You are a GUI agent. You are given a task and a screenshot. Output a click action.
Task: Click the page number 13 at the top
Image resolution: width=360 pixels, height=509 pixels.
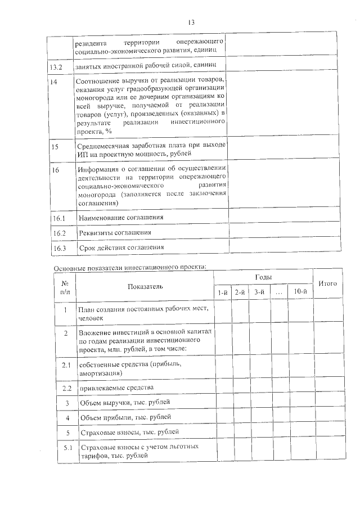pos(191,22)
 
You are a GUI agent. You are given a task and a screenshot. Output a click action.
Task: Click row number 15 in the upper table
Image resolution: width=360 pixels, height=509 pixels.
pos(55,147)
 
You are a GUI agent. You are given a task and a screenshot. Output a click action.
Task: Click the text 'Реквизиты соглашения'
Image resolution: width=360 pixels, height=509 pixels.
pos(115,232)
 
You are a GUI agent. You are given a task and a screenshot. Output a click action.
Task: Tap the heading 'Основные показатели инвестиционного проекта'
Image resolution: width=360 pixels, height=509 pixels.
pos(130,267)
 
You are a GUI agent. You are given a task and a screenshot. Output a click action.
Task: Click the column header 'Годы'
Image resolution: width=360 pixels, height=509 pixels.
pos(263,278)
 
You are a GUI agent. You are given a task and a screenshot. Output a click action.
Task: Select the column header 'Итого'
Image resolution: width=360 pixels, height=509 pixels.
pos(327,284)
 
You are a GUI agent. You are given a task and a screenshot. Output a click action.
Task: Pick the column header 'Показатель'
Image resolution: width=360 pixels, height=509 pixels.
pos(145,287)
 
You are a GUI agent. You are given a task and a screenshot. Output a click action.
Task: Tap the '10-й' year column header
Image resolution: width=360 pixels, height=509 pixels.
pos(299,291)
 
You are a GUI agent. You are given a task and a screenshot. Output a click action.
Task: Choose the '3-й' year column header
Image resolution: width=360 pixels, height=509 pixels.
pos(260,292)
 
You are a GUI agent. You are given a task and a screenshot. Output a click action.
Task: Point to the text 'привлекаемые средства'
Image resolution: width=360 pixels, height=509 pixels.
pos(116,388)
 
